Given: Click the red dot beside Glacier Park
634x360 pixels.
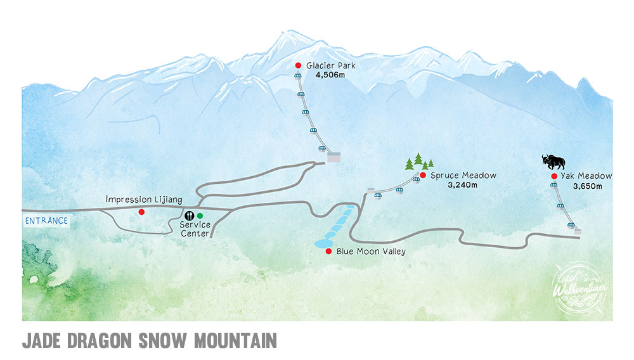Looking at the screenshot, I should [x=299, y=66].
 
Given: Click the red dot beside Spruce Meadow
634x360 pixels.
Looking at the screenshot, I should [x=423, y=175].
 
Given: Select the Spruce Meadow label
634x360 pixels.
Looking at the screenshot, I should [x=463, y=175].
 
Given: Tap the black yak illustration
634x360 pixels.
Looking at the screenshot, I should [x=553, y=161].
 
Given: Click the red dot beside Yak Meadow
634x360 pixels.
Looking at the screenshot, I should [x=554, y=176].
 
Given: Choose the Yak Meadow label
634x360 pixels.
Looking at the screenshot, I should [x=587, y=176].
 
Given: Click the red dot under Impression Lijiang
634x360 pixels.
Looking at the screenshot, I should [x=141, y=212].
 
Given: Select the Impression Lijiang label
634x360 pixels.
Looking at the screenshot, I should [x=144, y=200].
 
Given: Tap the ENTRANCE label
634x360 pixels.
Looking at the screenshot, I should [x=45, y=221].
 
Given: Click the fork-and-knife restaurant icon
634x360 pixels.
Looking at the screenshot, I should [x=188, y=215].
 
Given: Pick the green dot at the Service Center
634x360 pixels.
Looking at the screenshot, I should [x=200, y=215].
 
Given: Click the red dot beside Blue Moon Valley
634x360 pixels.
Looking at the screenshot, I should [x=328, y=252].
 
